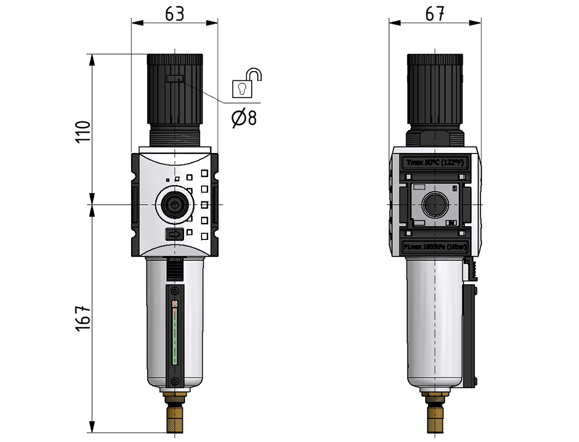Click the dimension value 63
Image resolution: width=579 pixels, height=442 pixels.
[175, 15]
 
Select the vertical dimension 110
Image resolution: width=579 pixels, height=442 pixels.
[82, 131]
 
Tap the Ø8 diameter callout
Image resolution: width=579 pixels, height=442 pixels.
[244, 117]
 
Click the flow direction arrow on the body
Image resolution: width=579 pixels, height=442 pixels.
[174, 235]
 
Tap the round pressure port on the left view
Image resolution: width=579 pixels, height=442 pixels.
[174, 205]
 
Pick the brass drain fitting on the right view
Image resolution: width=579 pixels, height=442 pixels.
[435, 413]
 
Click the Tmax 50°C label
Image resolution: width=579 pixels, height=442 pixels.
[435, 162]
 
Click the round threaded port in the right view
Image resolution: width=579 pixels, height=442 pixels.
[435, 205]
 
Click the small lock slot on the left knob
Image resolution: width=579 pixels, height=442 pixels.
[175, 79]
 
